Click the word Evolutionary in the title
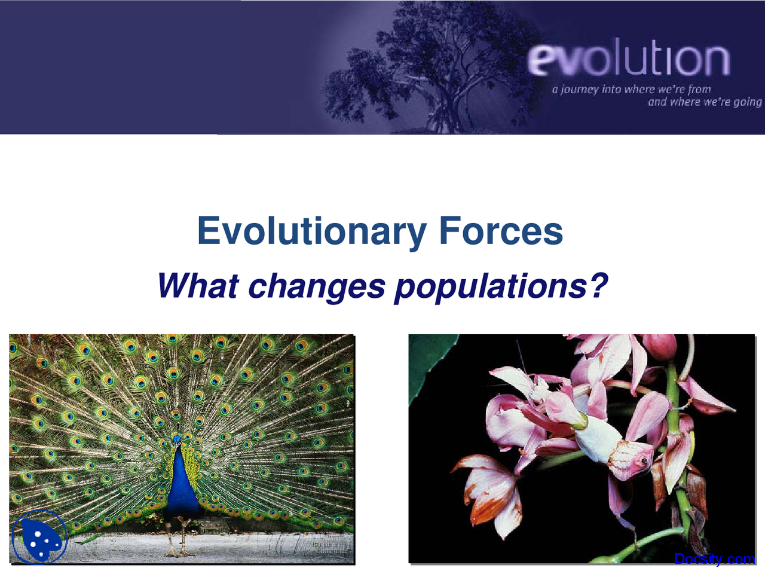point(311,231)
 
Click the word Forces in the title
point(501,231)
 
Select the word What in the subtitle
point(198,286)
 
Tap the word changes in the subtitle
point(316,286)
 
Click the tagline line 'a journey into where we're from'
point(631,89)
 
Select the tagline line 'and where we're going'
point(705,102)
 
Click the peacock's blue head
point(177,439)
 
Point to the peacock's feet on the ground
point(178,550)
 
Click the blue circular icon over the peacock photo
point(39,538)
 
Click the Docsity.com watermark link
point(714,559)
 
